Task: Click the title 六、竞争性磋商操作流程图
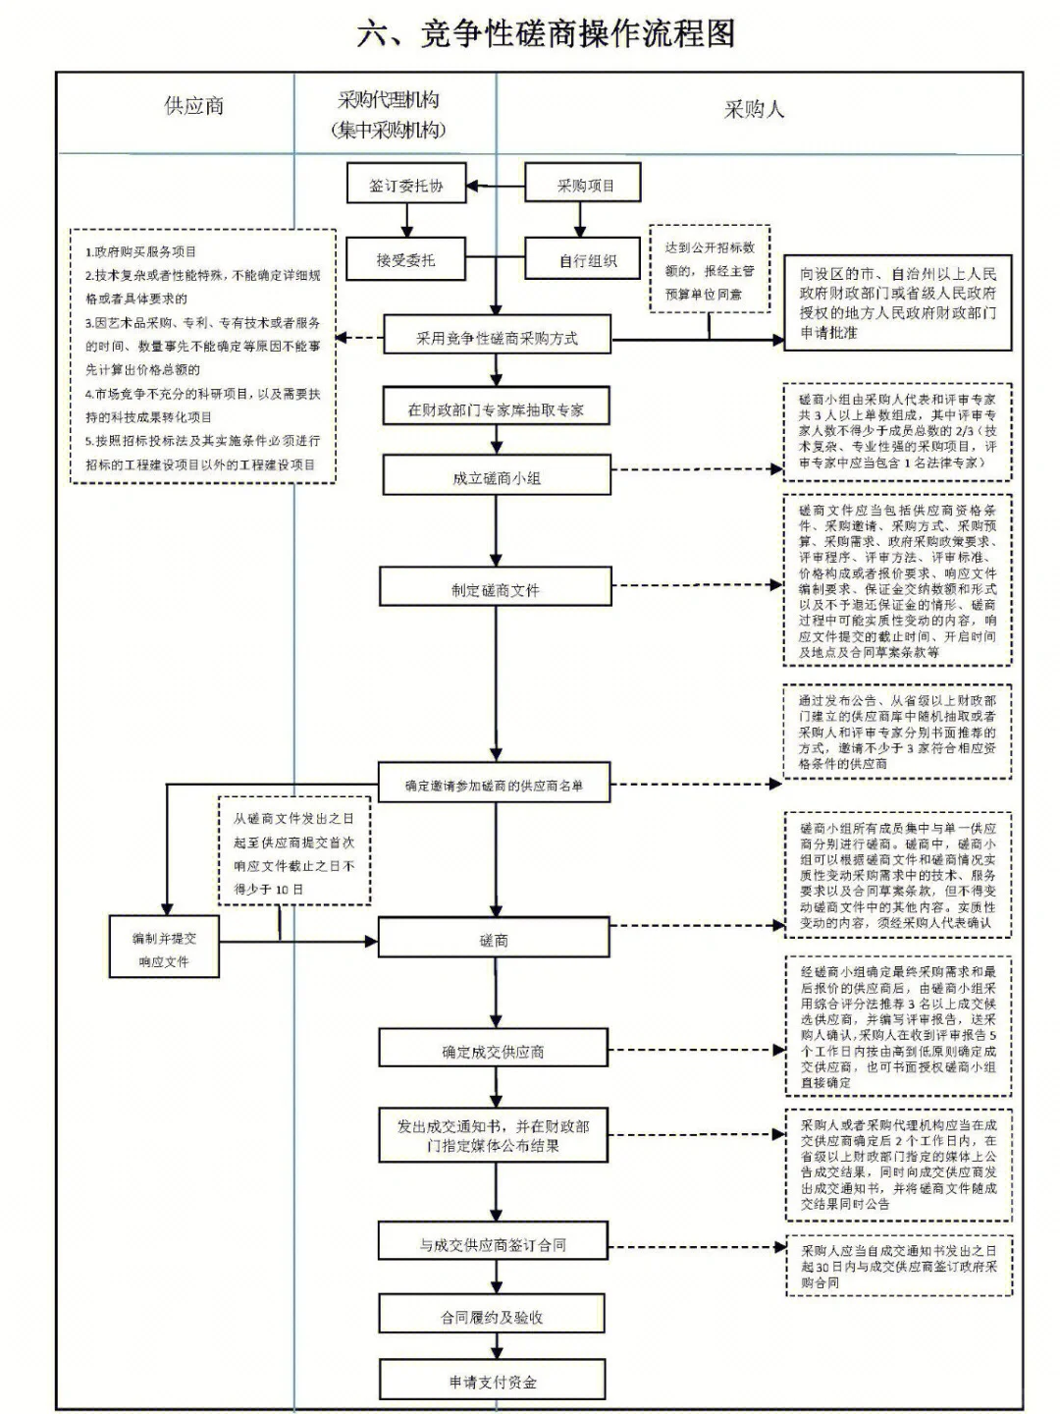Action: (546, 33)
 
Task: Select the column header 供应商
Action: (193, 106)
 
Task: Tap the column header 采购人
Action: (754, 109)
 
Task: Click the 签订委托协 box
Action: (405, 185)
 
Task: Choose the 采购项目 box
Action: (584, 185)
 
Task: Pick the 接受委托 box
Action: (404, 260)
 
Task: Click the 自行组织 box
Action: (587, 260)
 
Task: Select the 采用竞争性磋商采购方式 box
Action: (497, 338)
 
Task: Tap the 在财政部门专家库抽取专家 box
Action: (496, 409)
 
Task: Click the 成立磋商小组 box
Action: (496, 478)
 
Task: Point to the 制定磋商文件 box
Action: (496, 589)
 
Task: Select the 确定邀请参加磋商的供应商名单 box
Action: (494, 785)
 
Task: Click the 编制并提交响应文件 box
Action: (164, 950)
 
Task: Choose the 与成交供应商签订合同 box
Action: (493, 1244)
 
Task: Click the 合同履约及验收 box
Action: (492, 1317)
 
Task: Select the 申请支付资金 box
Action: (493, 1382)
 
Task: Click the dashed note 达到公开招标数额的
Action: (709, 270)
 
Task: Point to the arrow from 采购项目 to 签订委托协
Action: (496, 186)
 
